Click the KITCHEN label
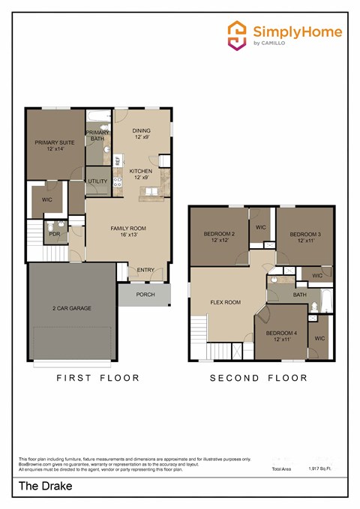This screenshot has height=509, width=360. pos(142,171)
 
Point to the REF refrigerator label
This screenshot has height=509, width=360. pos(118,160)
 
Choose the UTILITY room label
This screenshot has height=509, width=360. pos(97,181)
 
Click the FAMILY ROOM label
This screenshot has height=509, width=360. pos(128,228)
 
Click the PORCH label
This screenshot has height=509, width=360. pos(145,295)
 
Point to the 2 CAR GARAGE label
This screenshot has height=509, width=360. pos(72,309)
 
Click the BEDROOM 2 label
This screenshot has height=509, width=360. pos(219,234)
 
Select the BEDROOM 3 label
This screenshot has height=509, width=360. pos(305,234)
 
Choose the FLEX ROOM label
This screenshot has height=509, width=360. pos(225,302)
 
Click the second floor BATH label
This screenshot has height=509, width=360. pos(300,295)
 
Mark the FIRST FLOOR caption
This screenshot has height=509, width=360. pos(98,378)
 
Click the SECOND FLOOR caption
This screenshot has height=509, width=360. pos(259,378)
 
